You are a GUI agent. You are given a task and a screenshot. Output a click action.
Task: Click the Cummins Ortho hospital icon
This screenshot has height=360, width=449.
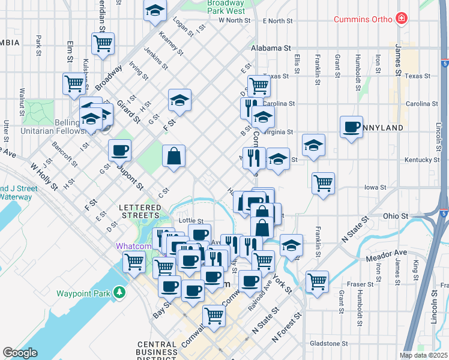[x=401, y=19]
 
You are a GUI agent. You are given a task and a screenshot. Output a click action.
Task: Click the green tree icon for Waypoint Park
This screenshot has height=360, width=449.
[x=120, y=293]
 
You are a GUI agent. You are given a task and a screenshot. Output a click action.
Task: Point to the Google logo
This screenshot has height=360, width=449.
[x=20, y=353]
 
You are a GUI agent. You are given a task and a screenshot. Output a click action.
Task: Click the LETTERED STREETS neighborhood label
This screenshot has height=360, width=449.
[x=140, y=211]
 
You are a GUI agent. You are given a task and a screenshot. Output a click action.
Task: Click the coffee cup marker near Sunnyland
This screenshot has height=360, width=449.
[x=351, y=127]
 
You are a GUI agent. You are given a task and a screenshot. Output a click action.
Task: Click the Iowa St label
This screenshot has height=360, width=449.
[x=375, y=187]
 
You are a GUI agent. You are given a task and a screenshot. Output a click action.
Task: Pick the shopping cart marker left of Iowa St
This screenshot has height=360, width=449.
[x=323, y=182]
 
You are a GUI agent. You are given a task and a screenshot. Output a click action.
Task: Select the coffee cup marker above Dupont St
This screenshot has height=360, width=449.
[x=119, y=149]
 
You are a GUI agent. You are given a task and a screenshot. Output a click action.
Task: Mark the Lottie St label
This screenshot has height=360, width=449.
[x=191, y=221]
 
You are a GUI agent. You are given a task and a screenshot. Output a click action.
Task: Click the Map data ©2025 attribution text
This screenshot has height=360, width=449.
[x=423, y=355]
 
